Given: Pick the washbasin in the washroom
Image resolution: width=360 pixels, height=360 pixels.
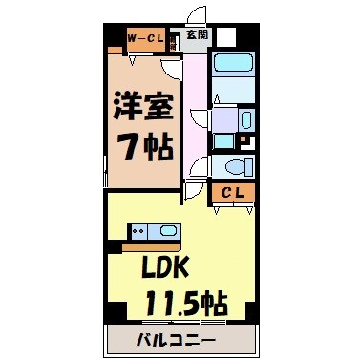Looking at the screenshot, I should (x=245, y=120).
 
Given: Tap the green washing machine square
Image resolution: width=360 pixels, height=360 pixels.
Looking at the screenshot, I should (x=222, y=140).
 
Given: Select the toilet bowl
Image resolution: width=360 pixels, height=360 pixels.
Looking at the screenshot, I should (x=238, y=166).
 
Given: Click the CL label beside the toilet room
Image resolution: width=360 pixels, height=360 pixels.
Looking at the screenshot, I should (x=234, y=194).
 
